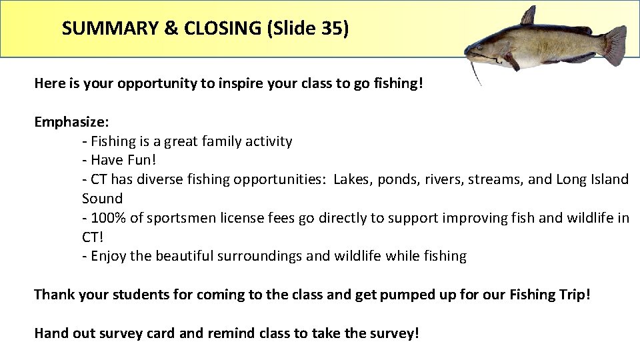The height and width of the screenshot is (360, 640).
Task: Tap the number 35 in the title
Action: [331, 29]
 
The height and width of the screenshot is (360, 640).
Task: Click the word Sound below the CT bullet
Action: [102, 199]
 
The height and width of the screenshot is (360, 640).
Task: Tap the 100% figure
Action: [106, 218]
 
